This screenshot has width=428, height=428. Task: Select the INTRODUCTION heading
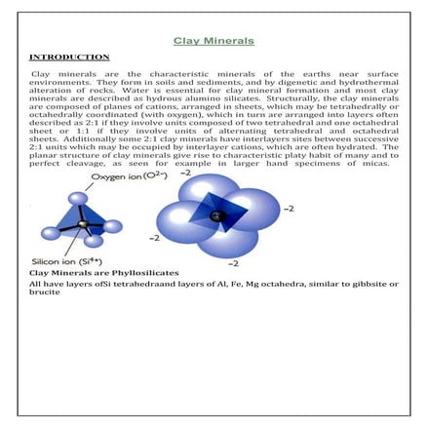68,58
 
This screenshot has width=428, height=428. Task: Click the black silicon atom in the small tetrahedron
81,227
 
